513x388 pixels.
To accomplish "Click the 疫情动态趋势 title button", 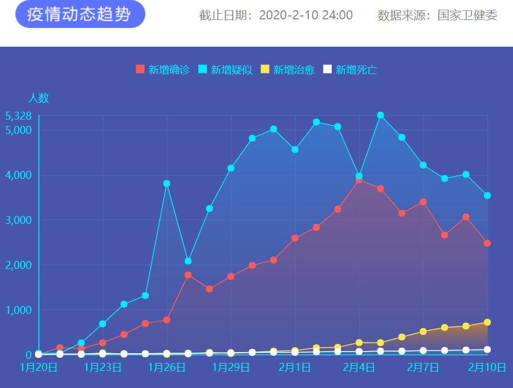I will (x=80, y=15).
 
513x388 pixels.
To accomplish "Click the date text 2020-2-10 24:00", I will (x=306, y=15).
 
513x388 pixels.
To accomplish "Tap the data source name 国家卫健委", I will (x=467, y=15).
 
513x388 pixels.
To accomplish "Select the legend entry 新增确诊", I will (x=162, y=70).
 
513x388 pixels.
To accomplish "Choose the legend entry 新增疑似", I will (x=225, y=70).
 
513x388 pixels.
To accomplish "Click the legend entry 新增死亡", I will (x=350, y=70).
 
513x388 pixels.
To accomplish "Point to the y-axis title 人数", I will (x=38, y=98).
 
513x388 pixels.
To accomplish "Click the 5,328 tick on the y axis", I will (x=18, y=116).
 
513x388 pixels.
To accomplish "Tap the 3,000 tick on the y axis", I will (x=18, y=220).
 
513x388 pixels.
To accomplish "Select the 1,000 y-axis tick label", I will (x=18, y=310).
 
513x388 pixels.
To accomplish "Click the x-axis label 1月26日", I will (x=166, y=367).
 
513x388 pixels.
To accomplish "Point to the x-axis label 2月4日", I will (x=359, y=367).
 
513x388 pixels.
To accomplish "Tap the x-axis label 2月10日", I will (x=487, y=367).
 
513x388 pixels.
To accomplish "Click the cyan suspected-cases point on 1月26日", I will (x=166, y=183).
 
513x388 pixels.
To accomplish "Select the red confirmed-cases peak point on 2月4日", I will (x=359, y=180).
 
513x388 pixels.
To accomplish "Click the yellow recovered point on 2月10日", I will (x=487, y=322).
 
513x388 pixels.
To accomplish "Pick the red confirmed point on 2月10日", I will (x=487, y=243).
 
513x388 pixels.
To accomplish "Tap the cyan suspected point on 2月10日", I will (x=487, y=195).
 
